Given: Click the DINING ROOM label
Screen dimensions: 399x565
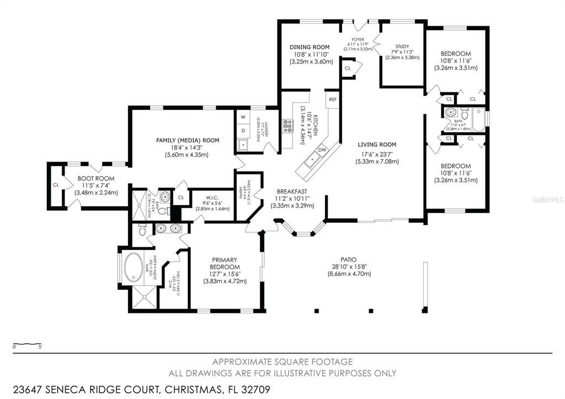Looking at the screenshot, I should coord(309,47).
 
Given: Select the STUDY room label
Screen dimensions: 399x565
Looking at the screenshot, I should coord(402,46).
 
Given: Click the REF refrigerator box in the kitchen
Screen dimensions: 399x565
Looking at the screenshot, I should coord(332,99).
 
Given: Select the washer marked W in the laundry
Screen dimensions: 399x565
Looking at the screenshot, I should coord(243,117).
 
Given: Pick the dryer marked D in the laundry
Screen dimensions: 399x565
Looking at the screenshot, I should coord(243,130).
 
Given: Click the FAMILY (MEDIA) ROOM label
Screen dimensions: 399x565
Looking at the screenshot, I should coord(188,141).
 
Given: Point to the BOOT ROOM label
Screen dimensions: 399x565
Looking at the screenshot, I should coord(95,179).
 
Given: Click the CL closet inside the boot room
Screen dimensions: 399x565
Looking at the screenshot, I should coord(56,185).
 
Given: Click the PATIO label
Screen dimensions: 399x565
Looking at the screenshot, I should coord(349,259).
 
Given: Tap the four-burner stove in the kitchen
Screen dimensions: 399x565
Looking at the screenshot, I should coord(287,127).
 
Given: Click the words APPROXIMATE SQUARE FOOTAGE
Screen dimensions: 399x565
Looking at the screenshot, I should coord(282,362).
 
